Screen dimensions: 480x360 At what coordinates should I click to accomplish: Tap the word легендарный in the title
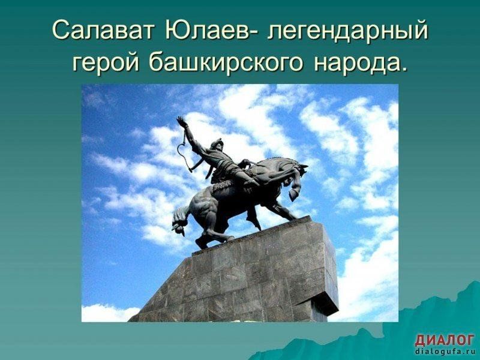(x=347, y=31)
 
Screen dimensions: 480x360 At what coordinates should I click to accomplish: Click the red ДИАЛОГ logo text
(x=445, y=340)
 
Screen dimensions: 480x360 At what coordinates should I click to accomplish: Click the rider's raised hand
(x=182, y=121)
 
